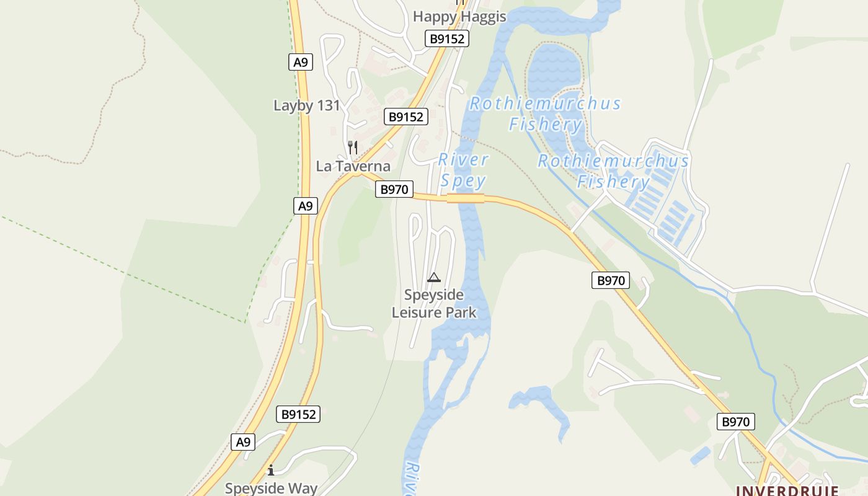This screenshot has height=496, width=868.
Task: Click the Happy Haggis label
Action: click(459, 17)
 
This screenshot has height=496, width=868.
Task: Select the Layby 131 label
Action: click(307, 105)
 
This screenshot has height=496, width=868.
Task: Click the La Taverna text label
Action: click(353, 166)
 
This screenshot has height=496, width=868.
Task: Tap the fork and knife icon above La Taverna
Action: click(352, 148)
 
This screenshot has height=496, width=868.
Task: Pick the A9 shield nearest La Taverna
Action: click(305, 206)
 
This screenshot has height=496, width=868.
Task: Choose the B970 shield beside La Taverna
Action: click(394, 190)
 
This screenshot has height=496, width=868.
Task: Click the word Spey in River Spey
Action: click(463, 181)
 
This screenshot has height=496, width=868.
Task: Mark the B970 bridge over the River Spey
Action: click(466, 198)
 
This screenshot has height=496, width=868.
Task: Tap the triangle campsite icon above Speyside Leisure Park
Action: click(434, 277)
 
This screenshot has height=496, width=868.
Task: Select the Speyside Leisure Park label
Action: click(434, 303)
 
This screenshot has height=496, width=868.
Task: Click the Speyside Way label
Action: click(271, 488)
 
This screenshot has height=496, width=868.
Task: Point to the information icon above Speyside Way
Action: click(270, 470)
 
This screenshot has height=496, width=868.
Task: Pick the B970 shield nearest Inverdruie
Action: click(736, 422)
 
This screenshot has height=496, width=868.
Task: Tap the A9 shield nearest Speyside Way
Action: click(243, 442)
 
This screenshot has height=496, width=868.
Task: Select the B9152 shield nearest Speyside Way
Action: click(299, 415)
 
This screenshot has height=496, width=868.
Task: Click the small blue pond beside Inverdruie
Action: click(700, 456)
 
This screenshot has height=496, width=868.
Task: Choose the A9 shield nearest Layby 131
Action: click(301, 62)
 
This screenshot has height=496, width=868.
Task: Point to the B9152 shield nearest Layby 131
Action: click(405, 117)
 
